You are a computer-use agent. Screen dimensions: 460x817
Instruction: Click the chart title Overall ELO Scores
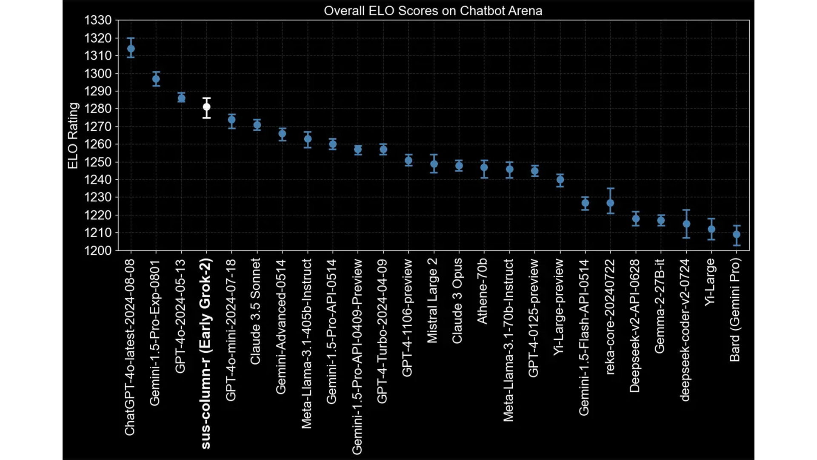[433, 11]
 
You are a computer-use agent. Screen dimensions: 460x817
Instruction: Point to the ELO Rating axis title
[73, 136]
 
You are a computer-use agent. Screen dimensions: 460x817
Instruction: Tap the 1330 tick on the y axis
[98, 20]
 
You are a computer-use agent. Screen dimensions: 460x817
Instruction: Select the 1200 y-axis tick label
[98, 250]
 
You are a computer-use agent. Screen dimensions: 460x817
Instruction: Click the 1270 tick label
[98, 126]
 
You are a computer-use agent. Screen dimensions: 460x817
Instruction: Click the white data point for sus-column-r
[206, 107]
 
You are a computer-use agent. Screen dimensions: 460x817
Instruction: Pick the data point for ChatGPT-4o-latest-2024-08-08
[131, 49]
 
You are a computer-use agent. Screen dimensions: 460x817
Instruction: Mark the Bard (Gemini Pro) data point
[737, 234]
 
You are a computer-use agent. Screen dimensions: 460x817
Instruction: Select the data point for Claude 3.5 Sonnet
[257, 125]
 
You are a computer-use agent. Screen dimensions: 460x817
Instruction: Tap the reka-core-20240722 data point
[610, 203]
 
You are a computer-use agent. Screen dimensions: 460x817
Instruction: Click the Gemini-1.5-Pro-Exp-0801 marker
[156, 79]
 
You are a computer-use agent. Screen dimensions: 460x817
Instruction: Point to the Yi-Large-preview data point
[560, 180]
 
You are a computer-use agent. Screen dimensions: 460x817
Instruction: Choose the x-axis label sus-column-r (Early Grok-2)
[206, 354]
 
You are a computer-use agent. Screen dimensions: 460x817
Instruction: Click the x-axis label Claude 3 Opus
[457, 301]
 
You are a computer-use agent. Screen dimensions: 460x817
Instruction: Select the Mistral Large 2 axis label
[432, 300]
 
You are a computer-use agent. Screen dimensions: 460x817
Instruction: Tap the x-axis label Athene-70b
[483, 291]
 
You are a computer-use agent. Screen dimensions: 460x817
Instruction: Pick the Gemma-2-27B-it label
[660, 306]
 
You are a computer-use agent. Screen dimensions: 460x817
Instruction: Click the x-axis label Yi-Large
[710, 282]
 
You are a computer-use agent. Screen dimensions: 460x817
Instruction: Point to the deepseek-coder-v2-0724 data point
[686, 224]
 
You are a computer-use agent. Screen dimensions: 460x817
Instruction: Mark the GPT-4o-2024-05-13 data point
[181, 98]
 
